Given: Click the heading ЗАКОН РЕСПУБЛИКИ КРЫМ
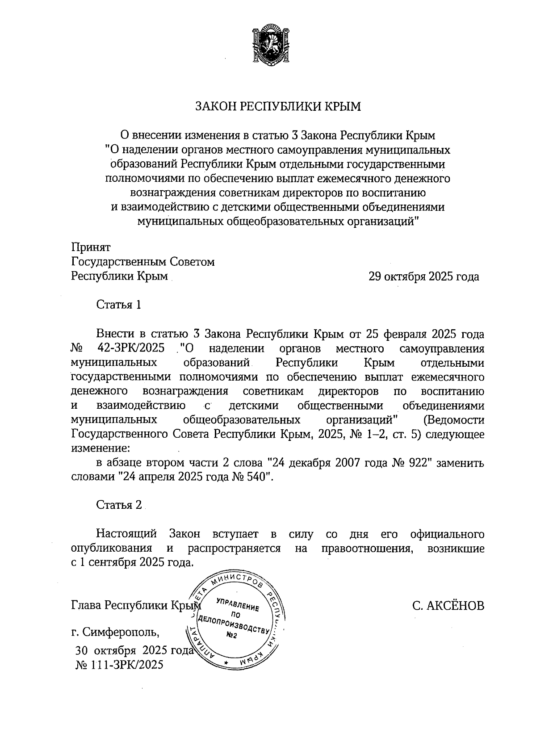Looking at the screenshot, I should pyautogui.click(x=277, y=106).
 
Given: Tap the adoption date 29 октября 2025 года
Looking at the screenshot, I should pyautogui.click(x=423, y=276).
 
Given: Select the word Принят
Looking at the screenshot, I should pyautogui.click(x=91, y=247).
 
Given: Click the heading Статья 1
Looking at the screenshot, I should pyautogui.click(x=119, y=305).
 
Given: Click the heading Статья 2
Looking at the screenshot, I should pyautogui.click(x=119, y=505).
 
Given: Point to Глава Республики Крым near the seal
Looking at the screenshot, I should pyautogui.click(x=134, y=606).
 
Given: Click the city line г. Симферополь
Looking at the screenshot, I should pyautogui.click(x=115, y=633).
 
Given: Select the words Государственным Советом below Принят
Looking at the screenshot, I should pyautogui.click(x=143, y=262).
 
